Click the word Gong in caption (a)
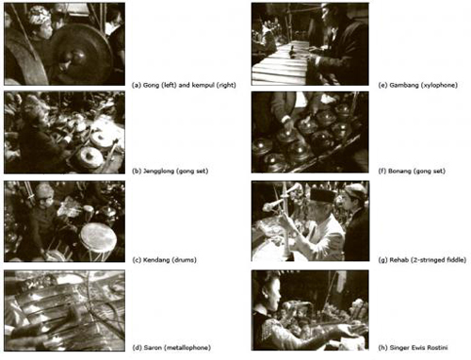pyautogui.click(x=151, y=85)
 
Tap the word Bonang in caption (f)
pyautogui.click(x=399, y=172)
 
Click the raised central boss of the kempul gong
pyautogui.click(x=78, y=57)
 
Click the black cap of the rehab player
pyautogui.click(x=323, y=195)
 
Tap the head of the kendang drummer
pyautogui.click(x=44, y=195)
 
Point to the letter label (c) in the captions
pyautogui.click(x=137, y=260)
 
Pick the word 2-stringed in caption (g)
pyautogui.click(x=427, y=260)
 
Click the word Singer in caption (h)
pyautogui.click(x=398, y=348)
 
